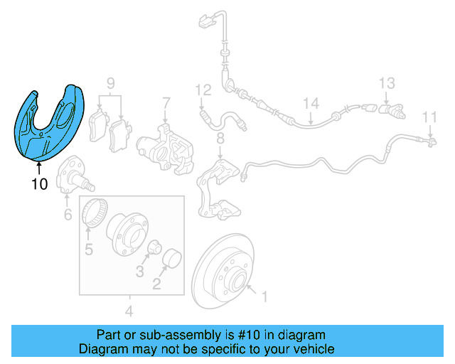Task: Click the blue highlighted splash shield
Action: (x=50, y=124)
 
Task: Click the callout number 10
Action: (x=39, y=185)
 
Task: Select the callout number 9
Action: (x=111, y=84)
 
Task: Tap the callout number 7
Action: (x=165, y=102)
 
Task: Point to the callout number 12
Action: (x=203, y=90)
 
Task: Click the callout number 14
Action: (x=311, y=104)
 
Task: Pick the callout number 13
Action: (x=386, y=83)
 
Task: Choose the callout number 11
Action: (x=430, y=117)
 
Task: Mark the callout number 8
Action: (x=220, y=137)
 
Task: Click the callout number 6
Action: (x=68, y=214)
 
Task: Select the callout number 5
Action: (x=89, y=249)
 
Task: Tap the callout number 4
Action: (x=129, y=311)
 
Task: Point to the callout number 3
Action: (x=140, y=272)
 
